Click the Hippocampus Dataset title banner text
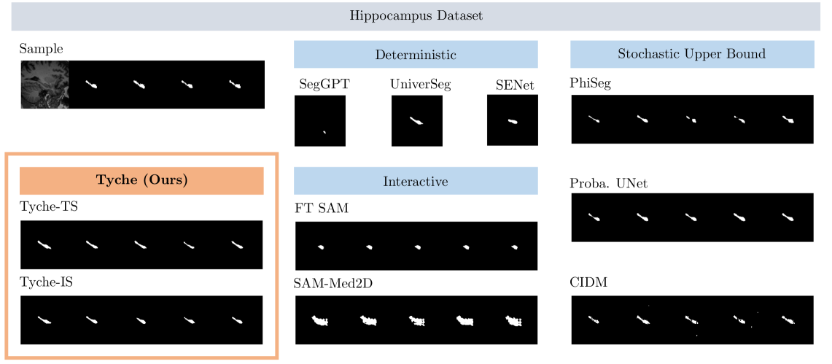coord(416,16)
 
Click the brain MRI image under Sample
coord(44,85)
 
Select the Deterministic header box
coord(416,54)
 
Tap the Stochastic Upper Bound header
coord(691,54)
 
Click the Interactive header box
coord(416,181)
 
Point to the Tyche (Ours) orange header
coord(141,181)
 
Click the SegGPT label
coord(324,84)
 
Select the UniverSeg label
coord(421,84)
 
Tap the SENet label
coord(514,85)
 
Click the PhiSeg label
coord(590,83)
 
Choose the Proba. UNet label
coord(608,183)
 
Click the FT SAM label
coord(322,209)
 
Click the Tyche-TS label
coord(48,207)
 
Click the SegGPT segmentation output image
coord(319,121)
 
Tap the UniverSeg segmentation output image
coord(416,121)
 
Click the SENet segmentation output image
coord(513,121)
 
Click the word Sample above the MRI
coord(41,49)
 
